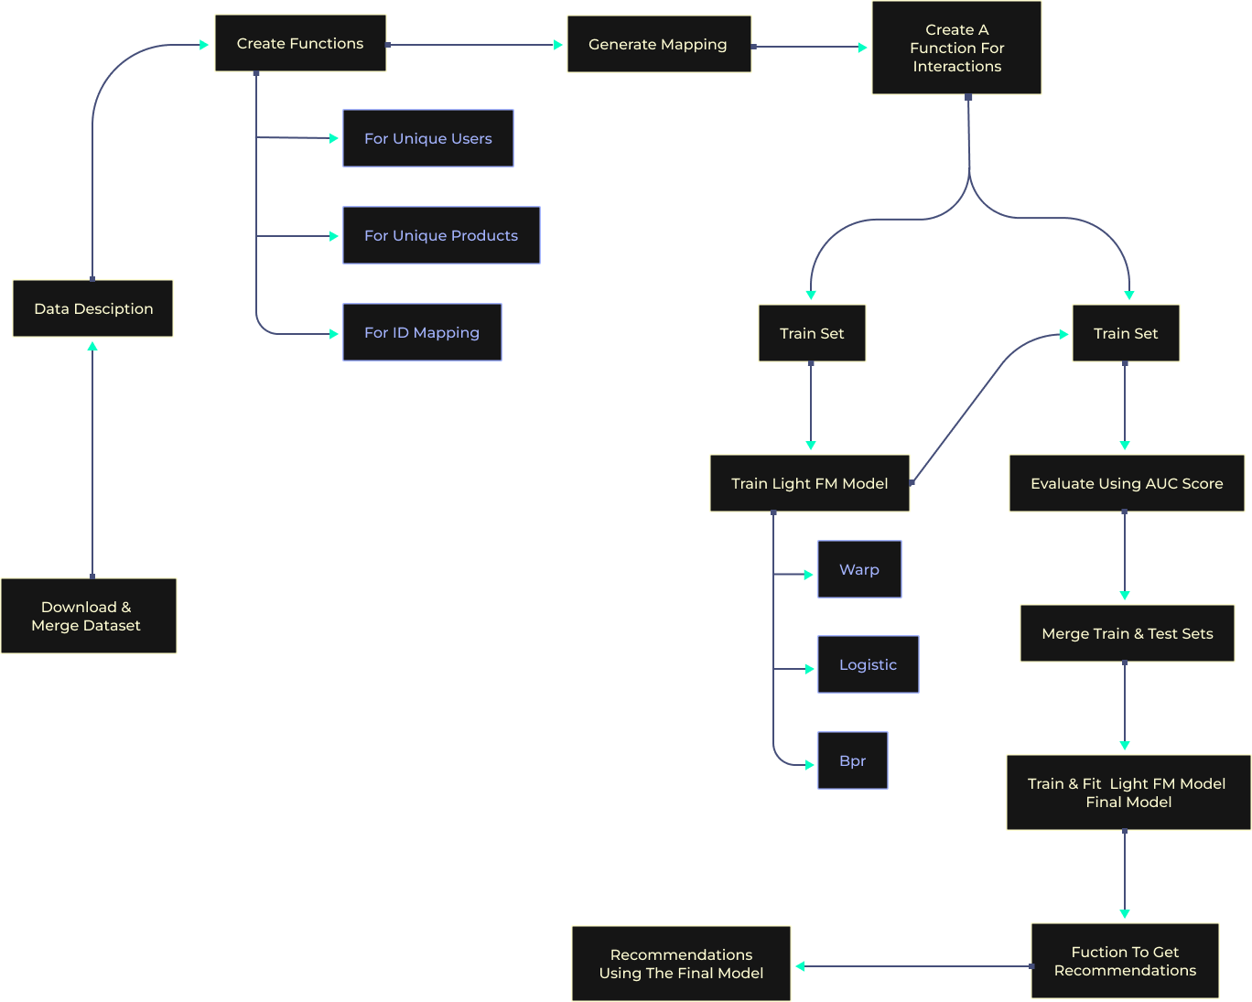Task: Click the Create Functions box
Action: pos(300,43)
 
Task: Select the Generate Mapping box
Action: pos(659,44)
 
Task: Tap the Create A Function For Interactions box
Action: pos(956,48)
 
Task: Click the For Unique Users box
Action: pos(427,138)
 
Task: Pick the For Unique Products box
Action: pos(441,235)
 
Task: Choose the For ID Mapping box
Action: pos(422,332)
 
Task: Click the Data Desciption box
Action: pos(92,308)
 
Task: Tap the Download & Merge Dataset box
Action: pos(88,616)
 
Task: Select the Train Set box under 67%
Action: pos(812,333)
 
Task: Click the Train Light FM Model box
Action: pos(809,483)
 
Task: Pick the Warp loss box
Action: pos(858,569)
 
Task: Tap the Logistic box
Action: pos(868,664)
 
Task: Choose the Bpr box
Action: pos(852,760)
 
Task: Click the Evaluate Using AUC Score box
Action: pos(1126,483)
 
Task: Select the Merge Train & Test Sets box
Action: pos(1127,633)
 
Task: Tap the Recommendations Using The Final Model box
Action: pos(681,964)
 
